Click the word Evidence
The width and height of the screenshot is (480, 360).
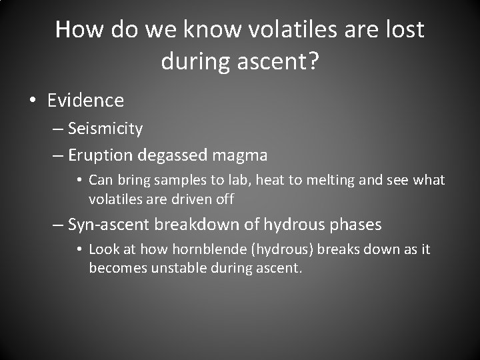tap(85, 101)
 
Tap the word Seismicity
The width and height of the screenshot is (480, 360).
tap(105, 128)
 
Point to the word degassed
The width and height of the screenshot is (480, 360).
tap(173, 156)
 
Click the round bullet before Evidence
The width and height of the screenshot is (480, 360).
tap(33, 101)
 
